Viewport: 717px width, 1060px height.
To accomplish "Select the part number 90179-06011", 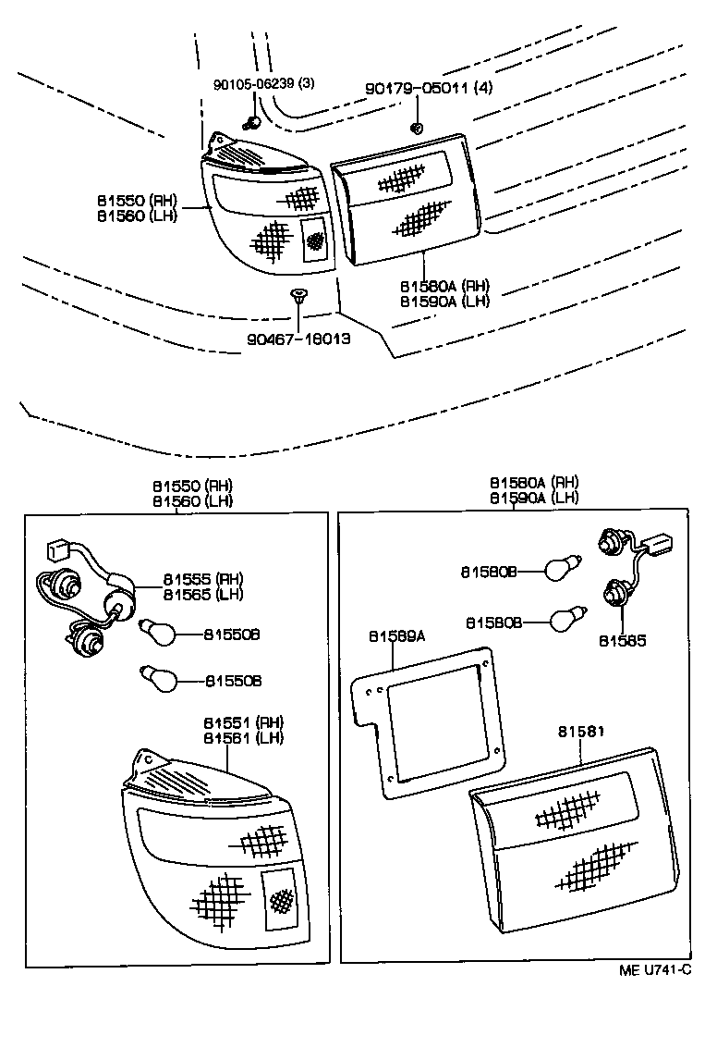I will point(408,89).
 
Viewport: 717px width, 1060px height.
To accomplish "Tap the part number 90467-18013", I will point(298,339).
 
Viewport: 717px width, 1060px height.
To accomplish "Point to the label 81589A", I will point(397,636).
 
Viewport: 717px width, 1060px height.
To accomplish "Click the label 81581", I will point(581,732).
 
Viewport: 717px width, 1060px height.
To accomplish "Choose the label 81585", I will point(623,639).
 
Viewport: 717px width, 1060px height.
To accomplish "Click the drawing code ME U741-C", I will point(654,970).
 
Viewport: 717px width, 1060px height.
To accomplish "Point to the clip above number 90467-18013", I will point(298,296).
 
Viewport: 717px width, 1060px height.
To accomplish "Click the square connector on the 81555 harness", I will point(57,552).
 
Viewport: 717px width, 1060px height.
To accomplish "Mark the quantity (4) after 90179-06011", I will point(485,89).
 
